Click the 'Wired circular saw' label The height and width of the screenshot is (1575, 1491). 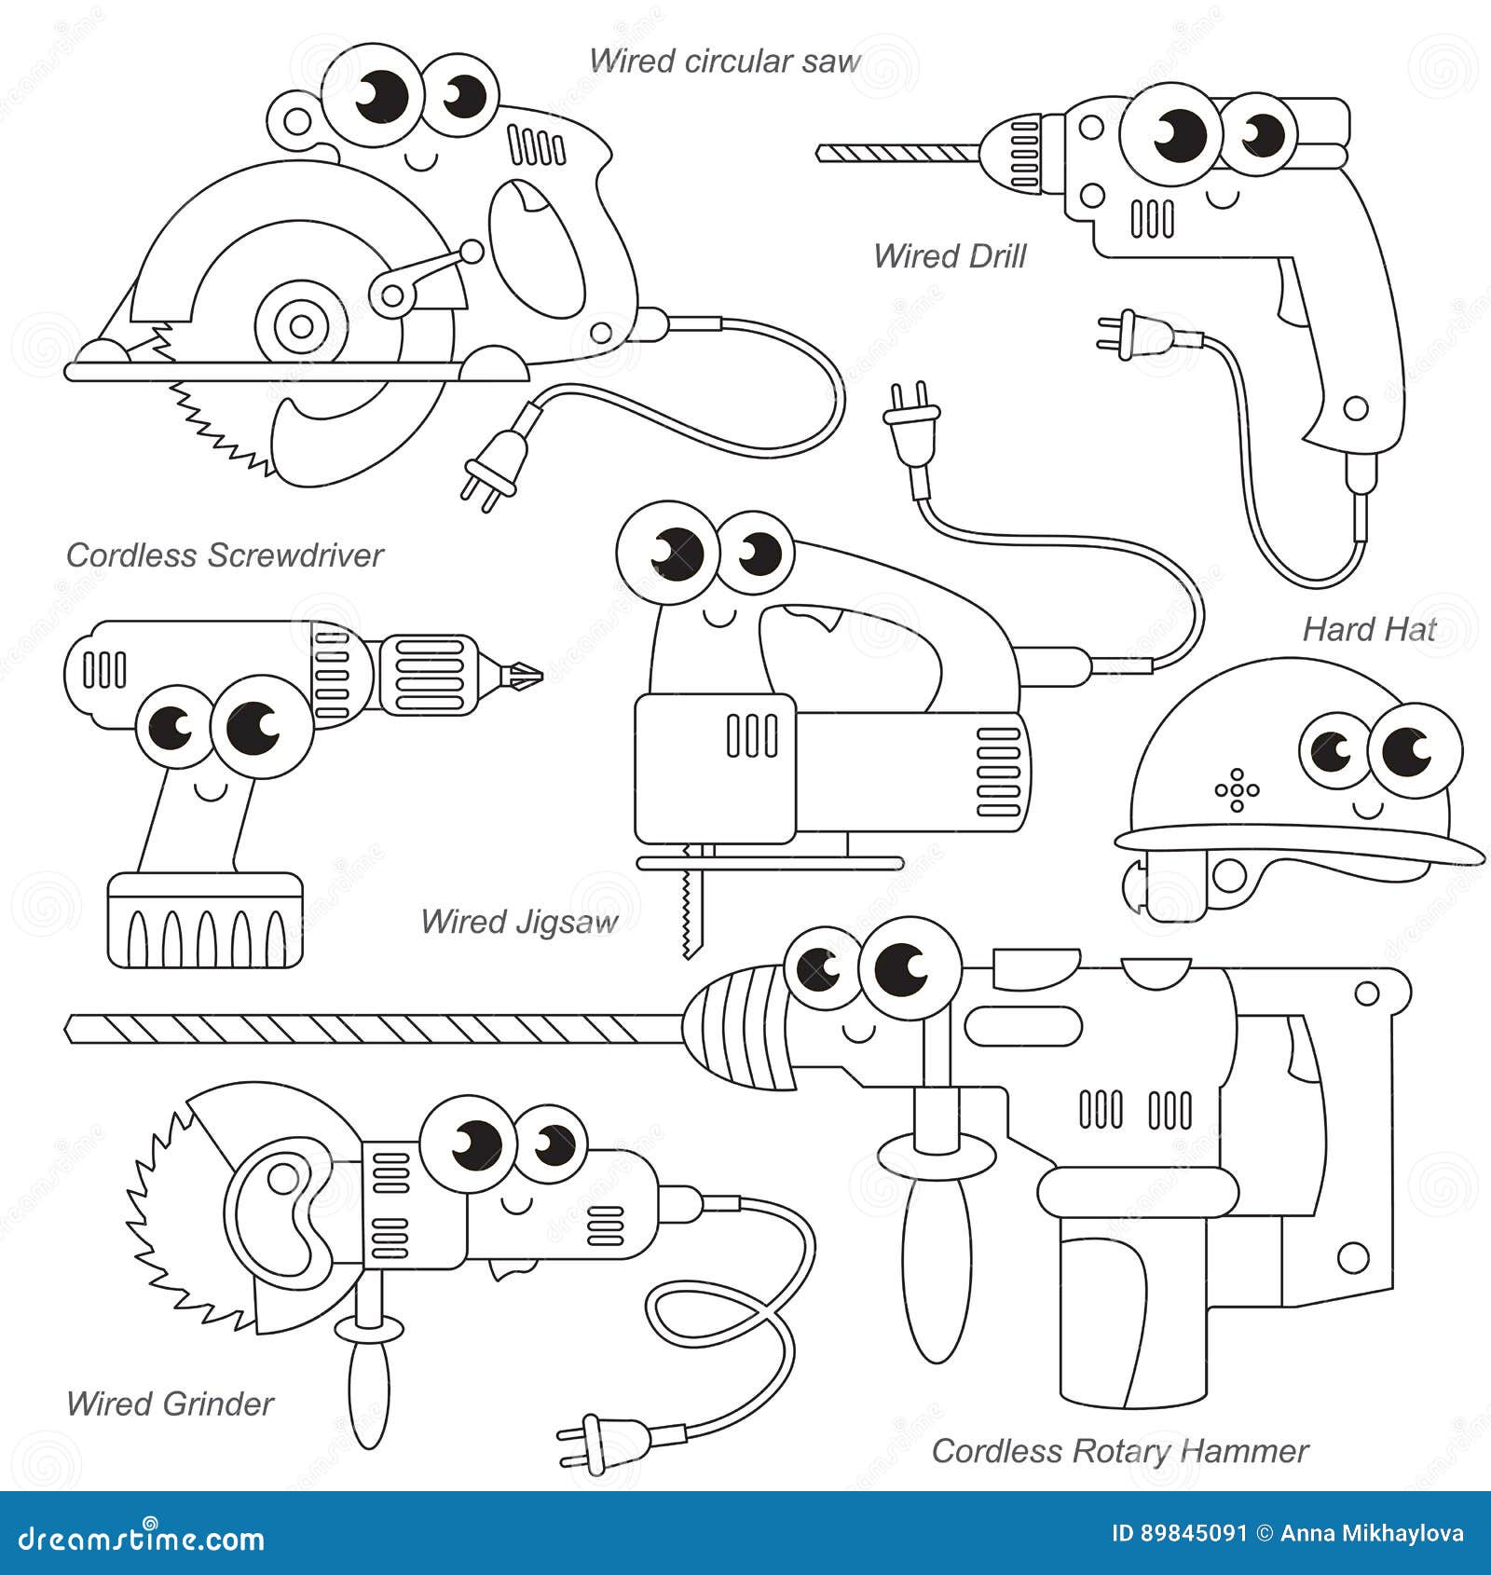coord(724,62)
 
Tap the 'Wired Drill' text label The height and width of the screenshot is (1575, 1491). coord(949,256)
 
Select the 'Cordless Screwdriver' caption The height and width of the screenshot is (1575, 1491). coord(225,555)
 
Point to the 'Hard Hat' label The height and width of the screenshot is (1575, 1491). coord(1369,629)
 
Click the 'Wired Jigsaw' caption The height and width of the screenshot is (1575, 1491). coord(519,922)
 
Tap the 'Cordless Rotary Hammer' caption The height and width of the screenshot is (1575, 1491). coord(1119,1451)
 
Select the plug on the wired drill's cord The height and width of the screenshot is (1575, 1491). coord(1121,336)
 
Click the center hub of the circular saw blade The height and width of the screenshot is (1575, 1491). coord(300,326)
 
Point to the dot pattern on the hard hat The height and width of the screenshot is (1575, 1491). coord(1237,790)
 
